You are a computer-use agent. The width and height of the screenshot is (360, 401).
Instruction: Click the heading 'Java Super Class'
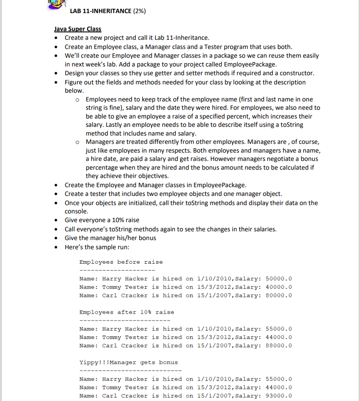pos(77,29)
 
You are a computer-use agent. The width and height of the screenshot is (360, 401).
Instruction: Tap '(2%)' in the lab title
pos(138,11)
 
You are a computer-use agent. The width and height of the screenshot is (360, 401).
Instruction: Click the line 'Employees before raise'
pos(121,262)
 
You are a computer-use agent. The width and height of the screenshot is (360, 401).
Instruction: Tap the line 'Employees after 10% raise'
pos(126,312)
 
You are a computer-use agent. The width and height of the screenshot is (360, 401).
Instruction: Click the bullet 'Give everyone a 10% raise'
pos(102,220)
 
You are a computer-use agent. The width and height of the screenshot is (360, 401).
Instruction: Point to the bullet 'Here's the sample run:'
pos(97,246)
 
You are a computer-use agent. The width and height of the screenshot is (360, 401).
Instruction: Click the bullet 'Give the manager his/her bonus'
pos(110,237)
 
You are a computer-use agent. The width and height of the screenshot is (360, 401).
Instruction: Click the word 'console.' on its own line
pos(77,211)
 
